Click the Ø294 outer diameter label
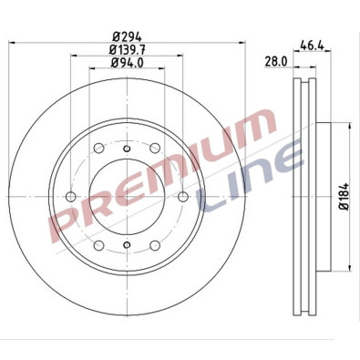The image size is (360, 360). pyautogui.click(x=126, y=36)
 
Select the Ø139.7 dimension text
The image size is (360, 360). pyautogui.click(x=126, y=49)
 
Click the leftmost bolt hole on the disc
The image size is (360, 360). pyautogui.click(x=71, y=197)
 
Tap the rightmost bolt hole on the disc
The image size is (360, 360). pyautogui.click(x=181, y=197)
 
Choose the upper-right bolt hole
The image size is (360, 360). pyautogui.click(x=154, y=149)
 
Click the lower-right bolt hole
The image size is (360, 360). pyautogui.click(x=154, y=244)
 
